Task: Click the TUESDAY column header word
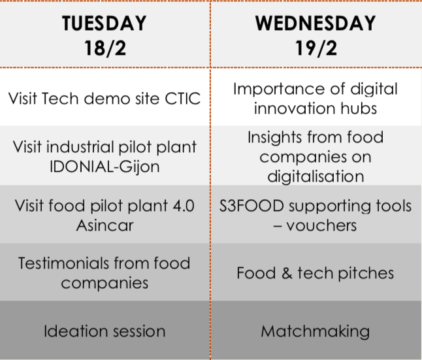[105, 23]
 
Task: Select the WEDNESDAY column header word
[316, 23]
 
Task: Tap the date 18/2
[105, 48]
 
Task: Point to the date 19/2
[316, 48]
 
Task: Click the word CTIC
[183, 99]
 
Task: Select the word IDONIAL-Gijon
[105, 167]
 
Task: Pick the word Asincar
[105, 225]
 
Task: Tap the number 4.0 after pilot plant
[184, 206]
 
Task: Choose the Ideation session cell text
[105, 331]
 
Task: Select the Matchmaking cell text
[316, 331]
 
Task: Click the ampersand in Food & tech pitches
[287, 273]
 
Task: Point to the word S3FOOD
[252, 206]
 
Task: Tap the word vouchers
[321, 225]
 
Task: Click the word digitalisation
[316, 176]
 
